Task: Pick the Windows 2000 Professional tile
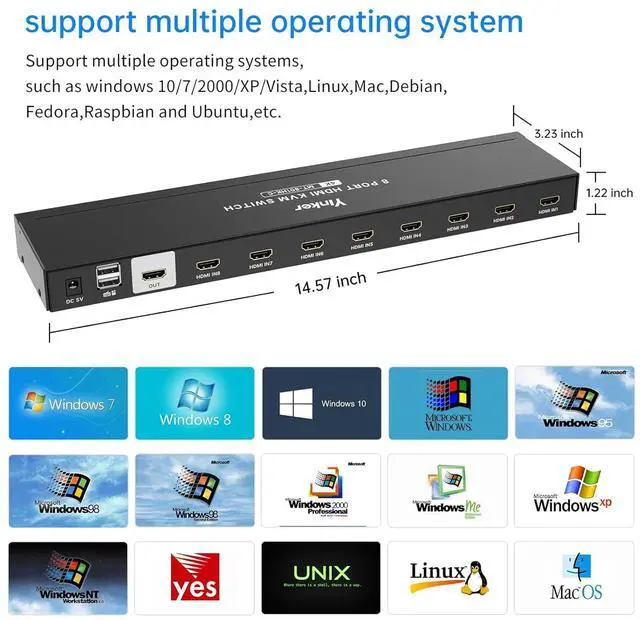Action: pos(322,490)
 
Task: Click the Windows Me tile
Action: pos(448,490)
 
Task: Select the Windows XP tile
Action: pos(575,490)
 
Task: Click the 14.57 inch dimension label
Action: pos(330,283)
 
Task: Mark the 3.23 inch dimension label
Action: pos(558,133)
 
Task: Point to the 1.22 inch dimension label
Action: pos(608,192)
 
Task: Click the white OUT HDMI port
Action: pos(154,273)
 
